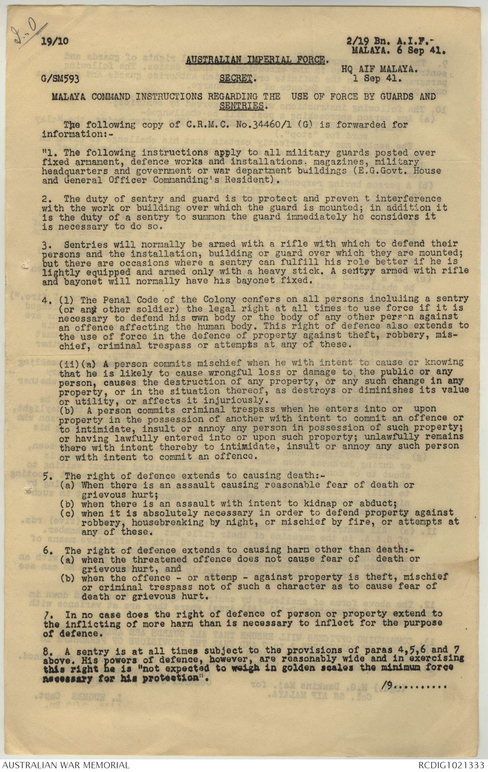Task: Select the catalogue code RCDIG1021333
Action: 451,764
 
